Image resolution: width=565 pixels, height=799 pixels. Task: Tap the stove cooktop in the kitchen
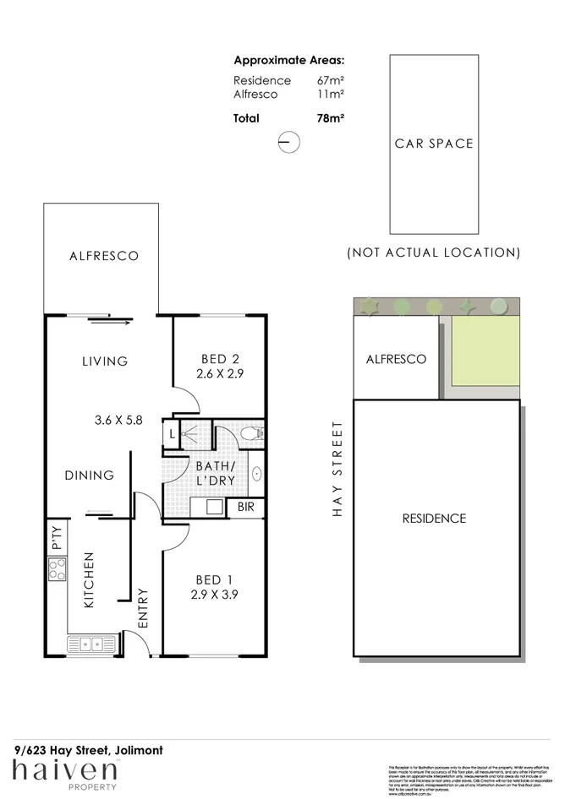point(57,572)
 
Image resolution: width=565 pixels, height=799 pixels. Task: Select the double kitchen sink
point(93,644)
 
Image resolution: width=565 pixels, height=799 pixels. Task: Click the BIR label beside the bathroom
point(245,507)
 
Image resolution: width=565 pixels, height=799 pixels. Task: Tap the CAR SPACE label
point(434,144)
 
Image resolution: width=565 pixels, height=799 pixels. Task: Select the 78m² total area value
point(330,119)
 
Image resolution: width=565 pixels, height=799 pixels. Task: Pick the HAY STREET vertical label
point(337,469)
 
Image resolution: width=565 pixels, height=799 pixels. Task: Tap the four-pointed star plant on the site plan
point(463,306)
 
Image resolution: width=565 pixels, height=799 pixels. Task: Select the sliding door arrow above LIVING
point(111,320)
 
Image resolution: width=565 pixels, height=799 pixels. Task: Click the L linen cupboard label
point(172,434)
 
